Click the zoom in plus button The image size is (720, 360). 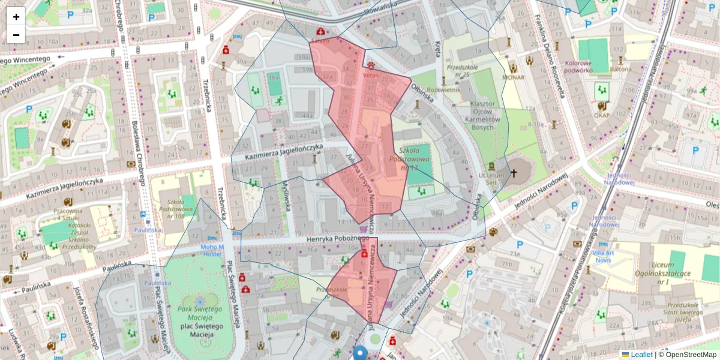[x=16, y=17]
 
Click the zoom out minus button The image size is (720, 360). [x=16, y=35]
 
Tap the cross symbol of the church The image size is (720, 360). [x=513, y=174]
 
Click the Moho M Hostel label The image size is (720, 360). [x=212, y=250]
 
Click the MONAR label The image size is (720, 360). [x=513, y=77]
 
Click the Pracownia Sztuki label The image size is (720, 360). [x=67, y=215]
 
